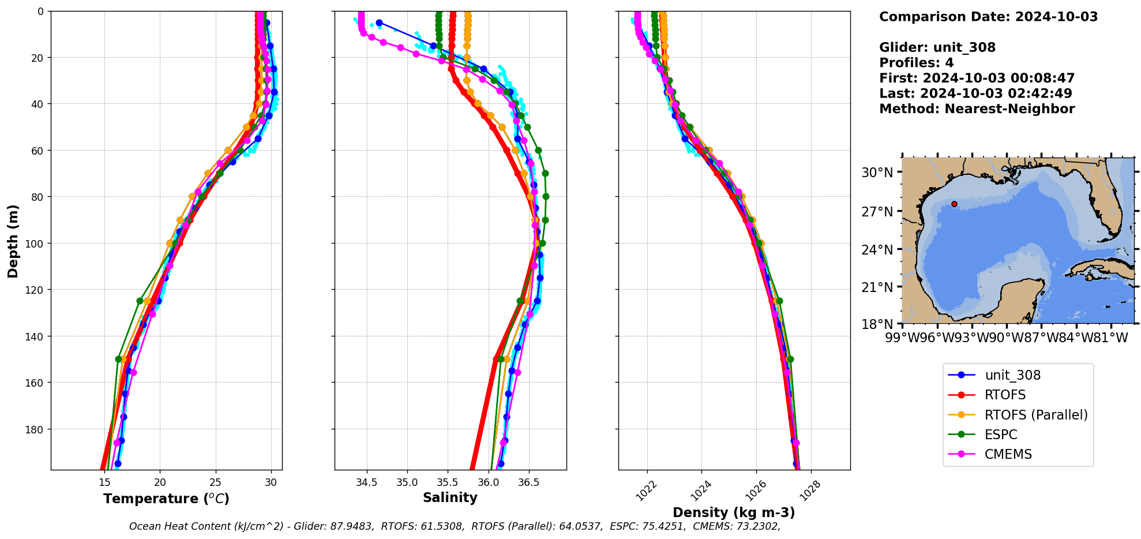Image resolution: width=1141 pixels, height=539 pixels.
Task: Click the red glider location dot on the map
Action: (x=954, y=204)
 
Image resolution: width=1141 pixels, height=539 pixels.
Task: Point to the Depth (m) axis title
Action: (x=13, y=241)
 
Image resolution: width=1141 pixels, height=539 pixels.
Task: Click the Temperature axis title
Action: (x=166, y=499)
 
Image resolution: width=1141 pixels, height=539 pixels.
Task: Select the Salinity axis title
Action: (x=450, y=497)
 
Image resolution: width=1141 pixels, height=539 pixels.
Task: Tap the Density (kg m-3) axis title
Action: (x=734, y=512)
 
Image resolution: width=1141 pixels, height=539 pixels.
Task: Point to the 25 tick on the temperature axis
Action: (x=215, y=482)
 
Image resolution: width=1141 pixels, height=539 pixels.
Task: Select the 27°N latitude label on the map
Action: (x=877, y=212)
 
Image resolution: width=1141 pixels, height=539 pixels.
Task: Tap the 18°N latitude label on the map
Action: (x=877, y=324)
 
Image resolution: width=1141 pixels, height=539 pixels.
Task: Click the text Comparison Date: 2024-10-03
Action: (x=988, y=17)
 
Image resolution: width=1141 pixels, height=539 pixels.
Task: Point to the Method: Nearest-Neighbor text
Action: (x=977, y=109)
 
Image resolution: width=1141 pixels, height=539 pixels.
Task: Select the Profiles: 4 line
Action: (x=916, y=63)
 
